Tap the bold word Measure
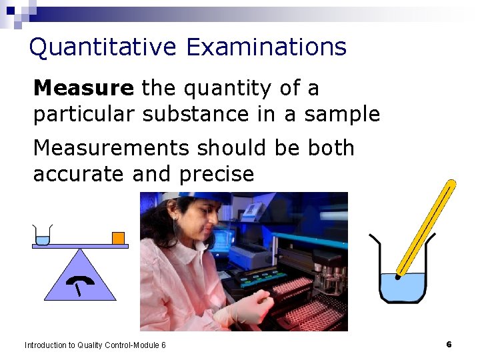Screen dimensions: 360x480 pos(83,88)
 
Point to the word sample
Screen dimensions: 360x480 pos(342,114)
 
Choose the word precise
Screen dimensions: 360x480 pos(217,174)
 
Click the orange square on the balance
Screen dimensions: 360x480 pos(118,238)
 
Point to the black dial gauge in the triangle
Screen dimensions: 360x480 pos(80,283)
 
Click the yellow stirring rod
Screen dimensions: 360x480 pos(427,227)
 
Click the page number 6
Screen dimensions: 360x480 pos(449,344)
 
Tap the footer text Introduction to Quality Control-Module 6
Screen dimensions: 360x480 pos(95,345)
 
